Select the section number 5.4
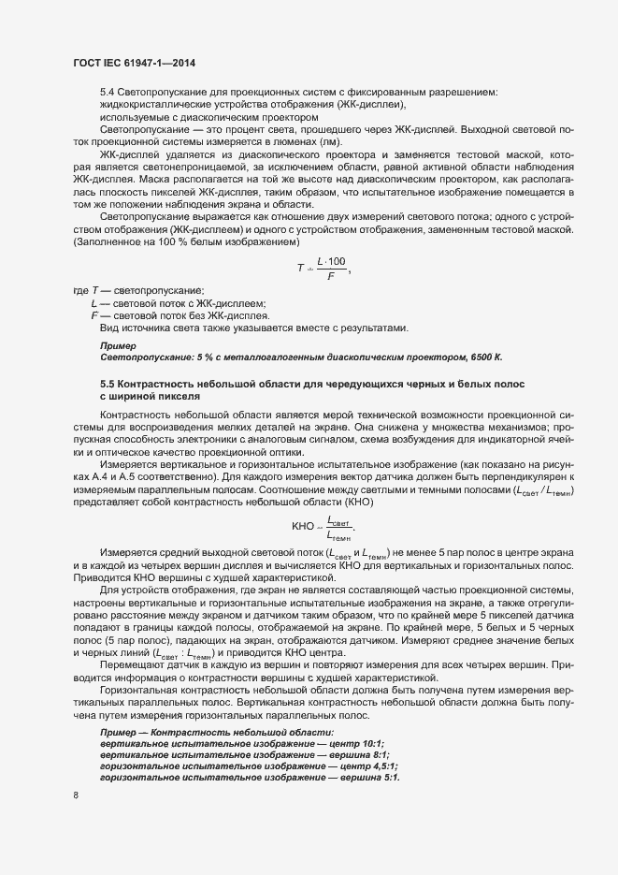point(107,91)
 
